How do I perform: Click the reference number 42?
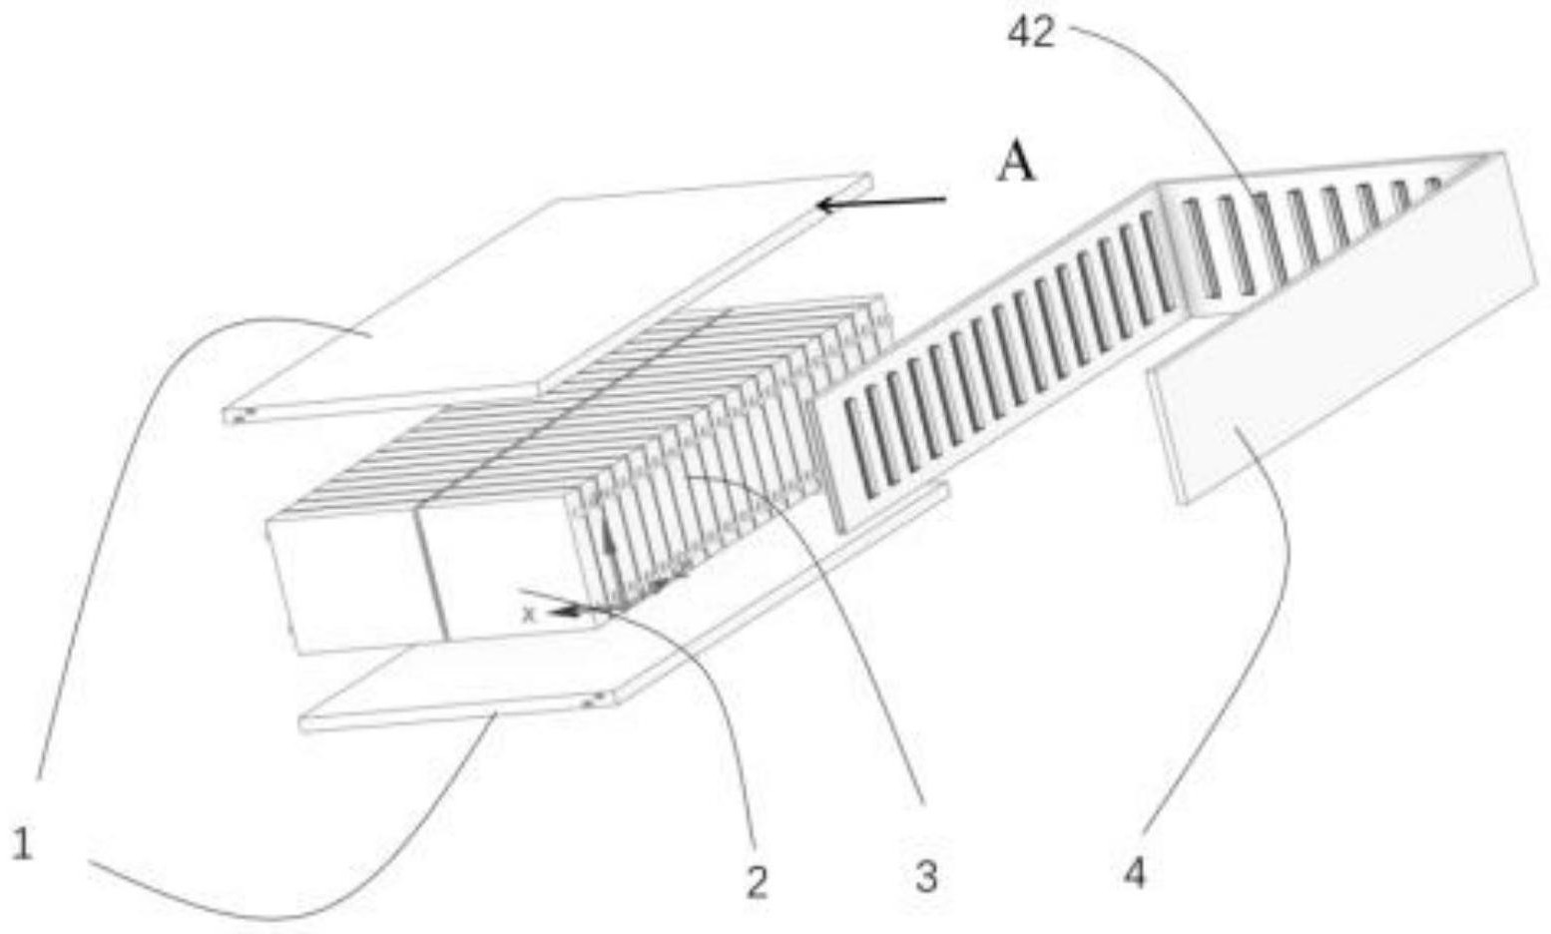pos(1032,33)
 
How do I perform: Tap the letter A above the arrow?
pos(1016,167)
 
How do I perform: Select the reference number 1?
pos(22,845)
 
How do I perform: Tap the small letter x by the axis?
pos(528,614)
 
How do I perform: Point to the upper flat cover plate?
pos(547,297)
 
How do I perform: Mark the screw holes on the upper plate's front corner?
pos(239,415)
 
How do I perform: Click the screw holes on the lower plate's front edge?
pos(596,700)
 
